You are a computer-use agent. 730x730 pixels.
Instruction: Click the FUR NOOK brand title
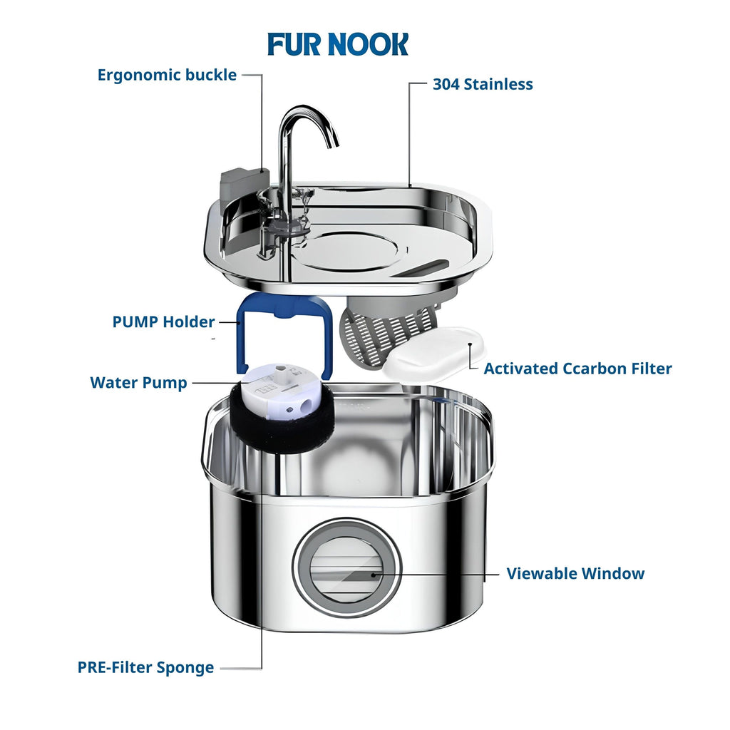pos(338,44)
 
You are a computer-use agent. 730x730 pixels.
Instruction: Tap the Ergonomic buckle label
pos(167,75)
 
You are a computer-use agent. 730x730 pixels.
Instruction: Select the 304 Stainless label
pos(483,84)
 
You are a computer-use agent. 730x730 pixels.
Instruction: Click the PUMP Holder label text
pos(163,322)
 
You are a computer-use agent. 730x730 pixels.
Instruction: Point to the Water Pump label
pos(138,383)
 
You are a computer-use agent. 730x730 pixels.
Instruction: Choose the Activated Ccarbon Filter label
pos(577,369)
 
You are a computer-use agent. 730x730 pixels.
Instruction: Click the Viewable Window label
pos(575,573)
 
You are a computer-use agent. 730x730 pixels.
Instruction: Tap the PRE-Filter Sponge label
pos(145,668)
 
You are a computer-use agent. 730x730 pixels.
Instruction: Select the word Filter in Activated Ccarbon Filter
pos(647,369)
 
